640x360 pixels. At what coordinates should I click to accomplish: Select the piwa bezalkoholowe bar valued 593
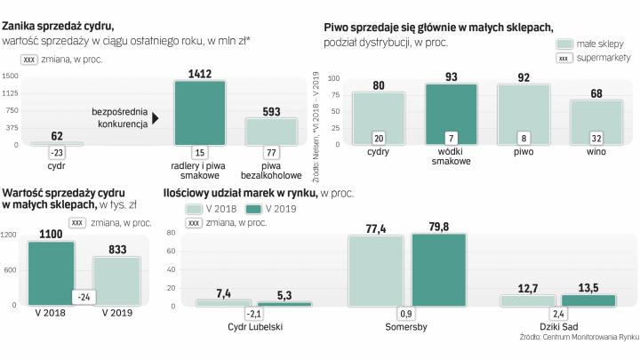pyautogui.click(x=271, y=130)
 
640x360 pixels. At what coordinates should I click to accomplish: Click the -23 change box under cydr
pyautogui.click(x=57, y=153)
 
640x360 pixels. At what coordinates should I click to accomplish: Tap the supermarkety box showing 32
pyautogui.click(x=596, y=138)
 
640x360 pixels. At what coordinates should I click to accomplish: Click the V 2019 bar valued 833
pyautogui.click(x=116, y=281)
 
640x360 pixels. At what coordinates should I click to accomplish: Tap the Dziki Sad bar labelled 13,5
pyautogui.click(x=588, y=300)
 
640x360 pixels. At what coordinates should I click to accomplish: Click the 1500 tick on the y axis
pyautogui.click(x=11, y=76)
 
